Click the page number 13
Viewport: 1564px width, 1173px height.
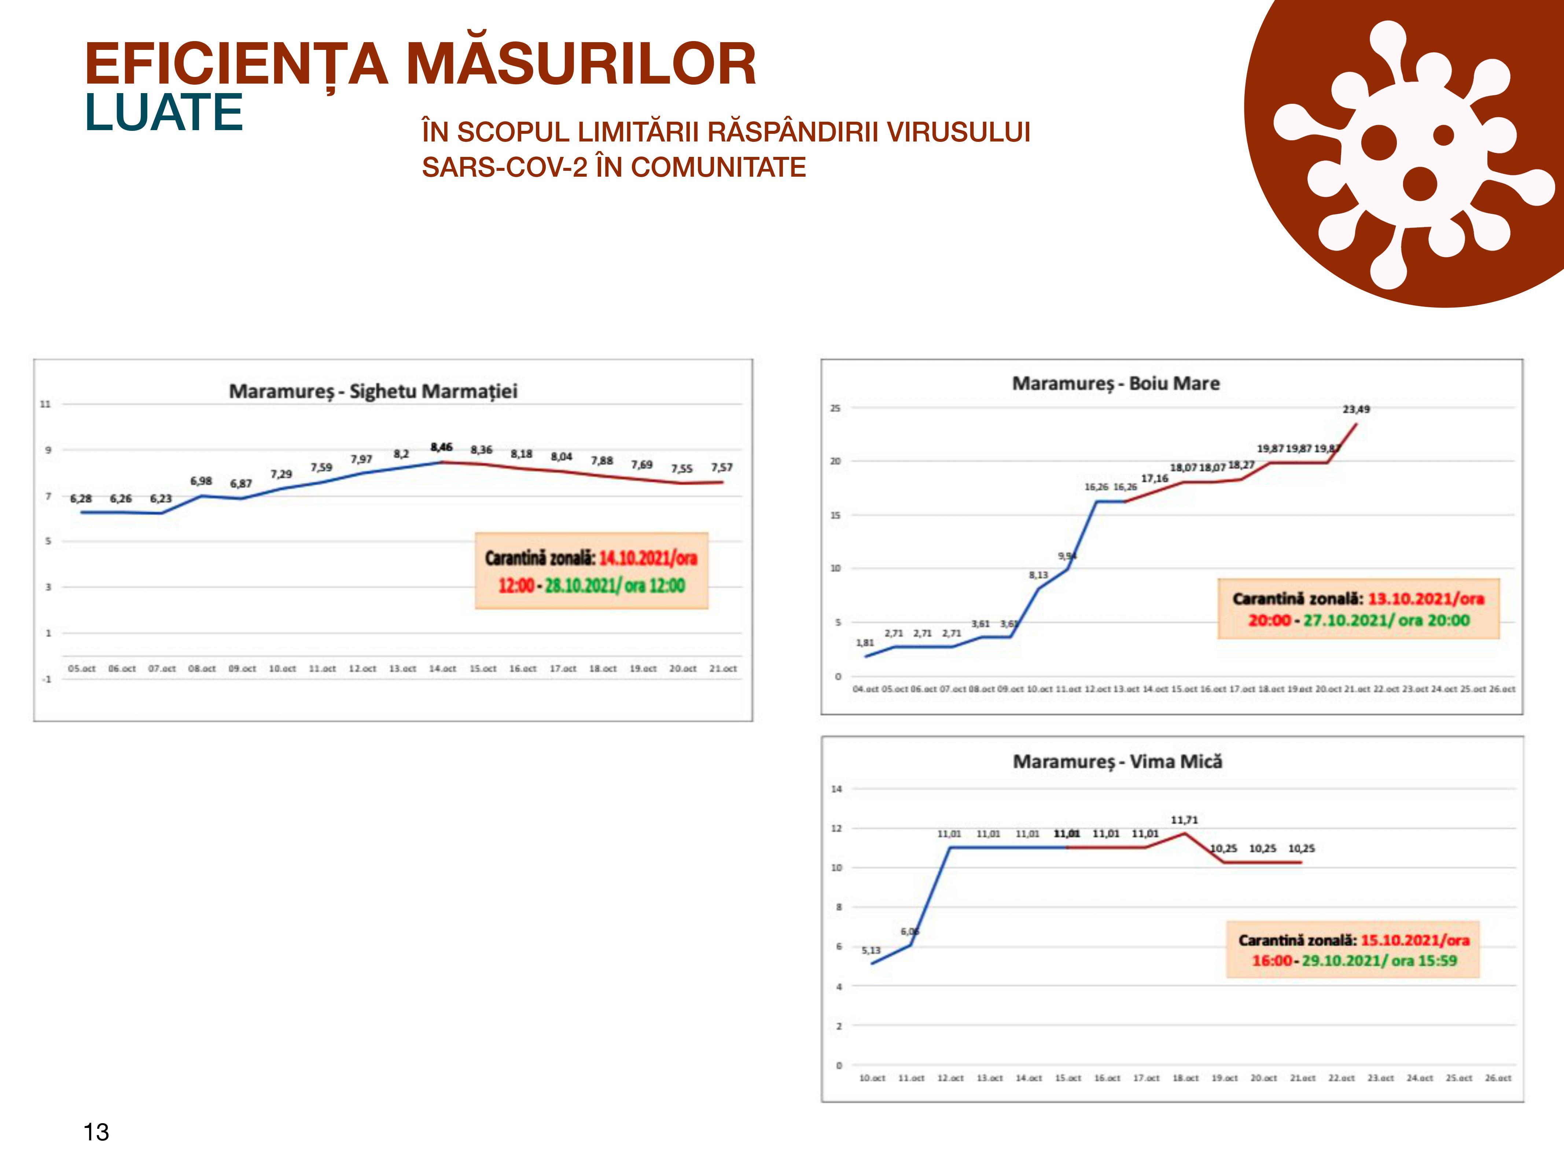[x=96, y=1132]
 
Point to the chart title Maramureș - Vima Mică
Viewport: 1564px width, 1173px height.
[x=1117, y=761]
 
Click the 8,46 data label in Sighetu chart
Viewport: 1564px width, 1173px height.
[x=441, y=447]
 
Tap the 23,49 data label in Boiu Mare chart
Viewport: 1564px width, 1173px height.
[x=1355, y=409]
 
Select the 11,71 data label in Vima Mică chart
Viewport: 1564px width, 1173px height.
[x=1184, y=820]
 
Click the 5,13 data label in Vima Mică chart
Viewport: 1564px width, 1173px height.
[x=871, y=950]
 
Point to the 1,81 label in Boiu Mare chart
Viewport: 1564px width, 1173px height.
[x=865, y=643]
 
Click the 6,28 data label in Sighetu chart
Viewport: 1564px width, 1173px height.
[x=81, y=499]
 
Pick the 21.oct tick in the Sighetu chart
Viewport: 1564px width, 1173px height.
[x=722, y=668]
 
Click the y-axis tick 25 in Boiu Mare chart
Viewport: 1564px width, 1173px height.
[x=835, y=408]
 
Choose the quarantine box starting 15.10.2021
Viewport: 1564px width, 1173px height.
[x=1353, y=949]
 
